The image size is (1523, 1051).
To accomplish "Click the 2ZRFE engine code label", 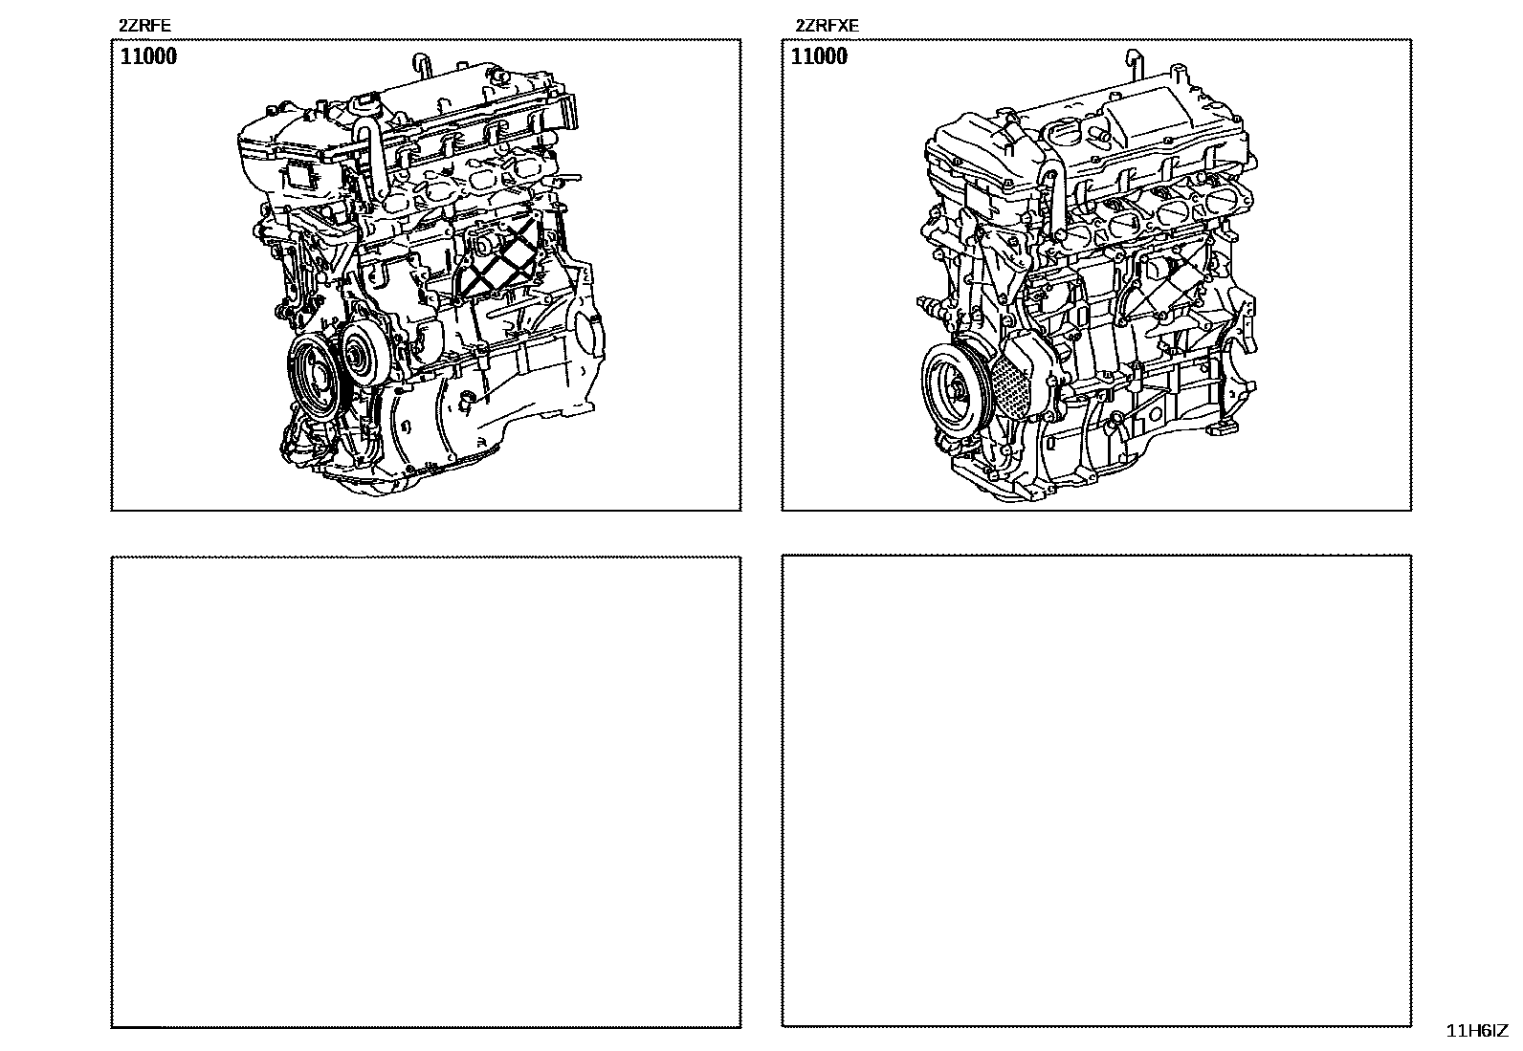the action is tap(144, 26).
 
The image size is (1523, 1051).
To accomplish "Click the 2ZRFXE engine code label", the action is tap(827, 26).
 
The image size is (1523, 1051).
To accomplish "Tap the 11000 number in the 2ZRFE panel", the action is tap(148, 55).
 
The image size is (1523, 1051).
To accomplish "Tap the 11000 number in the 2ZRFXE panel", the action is tap(819, 55).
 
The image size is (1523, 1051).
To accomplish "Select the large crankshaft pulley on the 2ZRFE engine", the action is tap(314, 373).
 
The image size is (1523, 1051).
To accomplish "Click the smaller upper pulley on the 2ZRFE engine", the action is tap(363, 354).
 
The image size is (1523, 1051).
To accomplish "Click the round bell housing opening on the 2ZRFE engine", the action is tap(590, 339).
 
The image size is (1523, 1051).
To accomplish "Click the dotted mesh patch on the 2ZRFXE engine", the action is tap(1012, 385).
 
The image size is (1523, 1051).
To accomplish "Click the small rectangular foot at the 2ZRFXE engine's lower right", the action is tap(1223, 427).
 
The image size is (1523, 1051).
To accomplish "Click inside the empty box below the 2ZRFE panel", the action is tap(426, 792).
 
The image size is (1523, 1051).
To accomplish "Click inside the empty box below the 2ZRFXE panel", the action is tap(1096, 791).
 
